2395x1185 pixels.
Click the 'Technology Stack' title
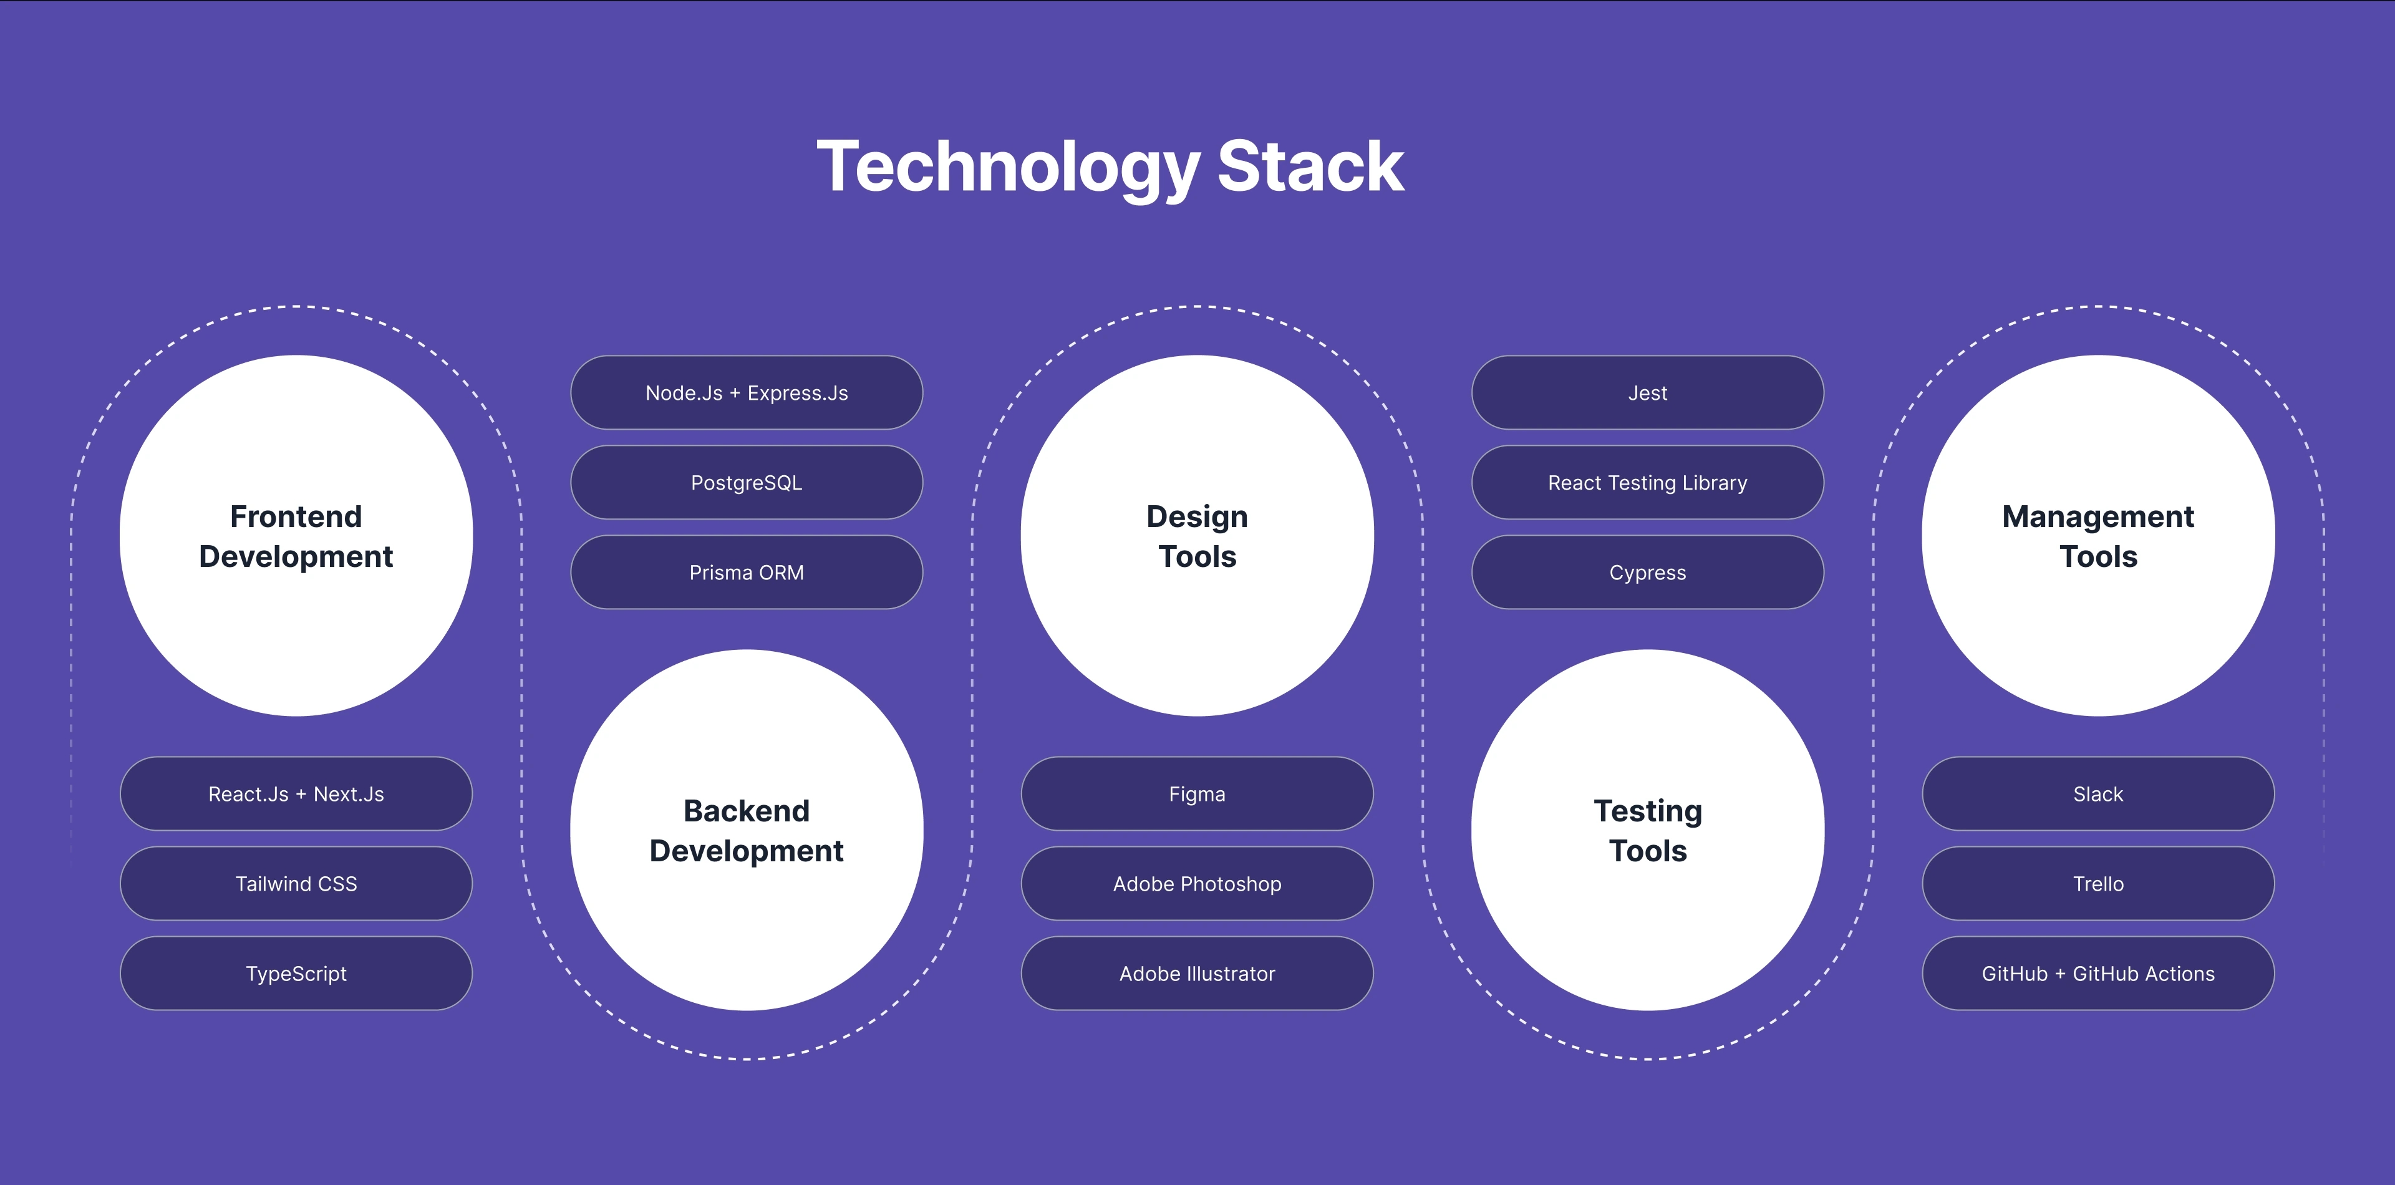[1110, 167]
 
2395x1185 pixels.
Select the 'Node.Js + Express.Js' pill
[747, 392]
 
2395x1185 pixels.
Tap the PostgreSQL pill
[747, 482]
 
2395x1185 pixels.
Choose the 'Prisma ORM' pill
[747, 573]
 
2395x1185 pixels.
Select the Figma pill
[1197, 794]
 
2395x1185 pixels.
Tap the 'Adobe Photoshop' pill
[1197, 884]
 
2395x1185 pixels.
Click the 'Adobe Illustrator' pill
[1197, 973]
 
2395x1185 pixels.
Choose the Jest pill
[1647, 392]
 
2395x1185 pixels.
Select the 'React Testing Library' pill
[1647, 482]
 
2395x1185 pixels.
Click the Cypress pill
[1647, 573]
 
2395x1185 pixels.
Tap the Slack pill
[2098, 794]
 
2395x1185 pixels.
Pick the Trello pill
[2098, 884]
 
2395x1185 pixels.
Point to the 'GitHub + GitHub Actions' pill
[2098, 973]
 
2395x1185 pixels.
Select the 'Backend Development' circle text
[747, 831]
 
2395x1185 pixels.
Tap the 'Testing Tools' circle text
[1647, 831]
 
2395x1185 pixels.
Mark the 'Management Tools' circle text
[2098, 536]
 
